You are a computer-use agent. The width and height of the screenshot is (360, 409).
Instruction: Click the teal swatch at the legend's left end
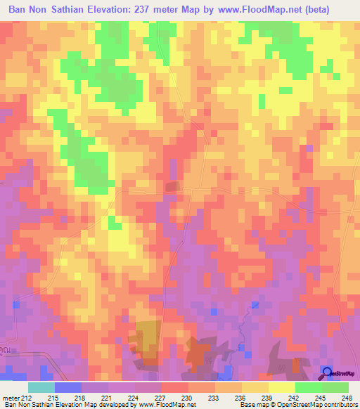coord(41,387)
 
